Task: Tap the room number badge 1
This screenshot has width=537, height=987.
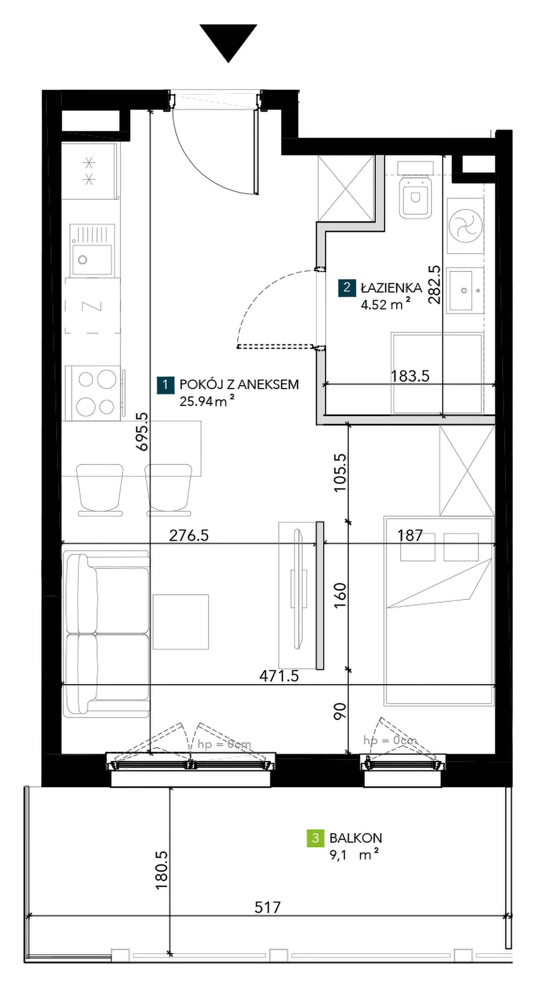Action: (x=165, y=385)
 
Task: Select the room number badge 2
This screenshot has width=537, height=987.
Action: (x=347, y=288)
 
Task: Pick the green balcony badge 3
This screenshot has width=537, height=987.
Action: (x=315, y=838)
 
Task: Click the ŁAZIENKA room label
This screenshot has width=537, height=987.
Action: (x=391, y=287)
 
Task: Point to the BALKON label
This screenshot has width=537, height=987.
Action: (x=355, y=838)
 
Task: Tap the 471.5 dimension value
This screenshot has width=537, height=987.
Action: (x=279, y=676)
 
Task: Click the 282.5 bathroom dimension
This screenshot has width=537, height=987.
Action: (x=434, y=285)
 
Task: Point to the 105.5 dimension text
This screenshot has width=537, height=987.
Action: (x=339, y=472)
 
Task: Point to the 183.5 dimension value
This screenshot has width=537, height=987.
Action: (x=410, y=376)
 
